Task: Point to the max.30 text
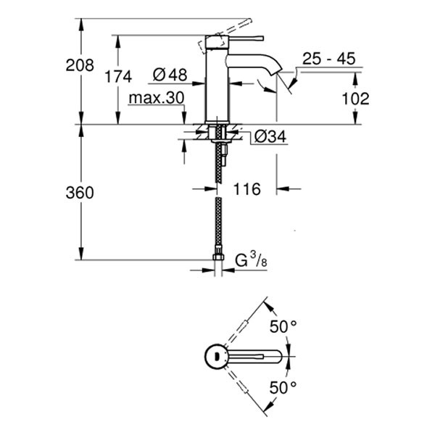pos(156,97)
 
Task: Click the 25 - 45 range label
pos(330,59)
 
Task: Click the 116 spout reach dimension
pos(246,190)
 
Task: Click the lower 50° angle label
pos(283,387)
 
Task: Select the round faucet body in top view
pos(216,356)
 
